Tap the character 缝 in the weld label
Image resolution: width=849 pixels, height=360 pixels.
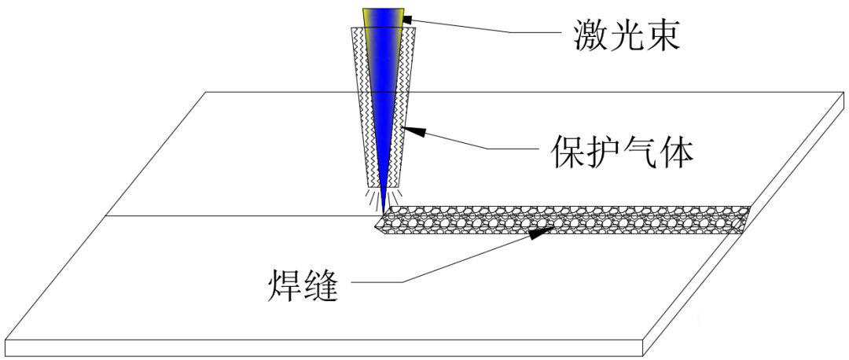pyautogui.click(x=323, y=287)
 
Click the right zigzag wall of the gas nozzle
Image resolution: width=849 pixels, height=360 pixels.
pyautogui.click(x=404, y=102)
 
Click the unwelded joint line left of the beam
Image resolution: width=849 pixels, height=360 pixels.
pyautogui.click(x=236, y=215)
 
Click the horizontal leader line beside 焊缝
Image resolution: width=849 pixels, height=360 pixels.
pyautogui.click(x=377, y=281)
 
